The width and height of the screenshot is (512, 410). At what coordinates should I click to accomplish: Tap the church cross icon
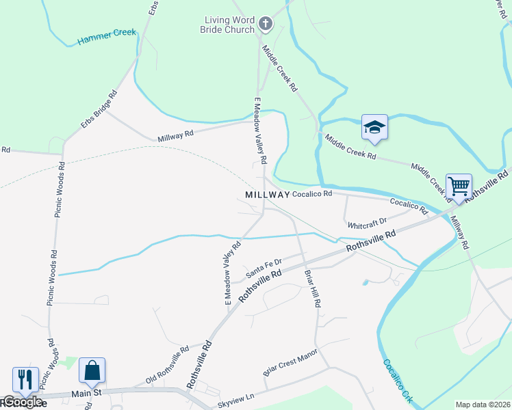coord(266,25)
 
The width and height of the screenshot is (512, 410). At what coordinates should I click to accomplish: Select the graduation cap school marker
coord(374,127)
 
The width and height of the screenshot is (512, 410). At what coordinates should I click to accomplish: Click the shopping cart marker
coord(459,186)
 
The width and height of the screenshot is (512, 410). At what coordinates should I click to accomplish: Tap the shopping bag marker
coord(92,371)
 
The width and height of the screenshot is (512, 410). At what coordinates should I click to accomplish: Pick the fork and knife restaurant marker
coord(25,380)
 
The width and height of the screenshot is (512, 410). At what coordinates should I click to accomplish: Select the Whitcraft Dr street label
coord(367,223)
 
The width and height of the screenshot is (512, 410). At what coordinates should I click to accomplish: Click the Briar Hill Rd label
coord(313,287)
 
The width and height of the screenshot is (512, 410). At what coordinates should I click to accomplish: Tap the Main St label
coord(88,393)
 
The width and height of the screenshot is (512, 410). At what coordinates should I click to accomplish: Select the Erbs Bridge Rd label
coord(99,109)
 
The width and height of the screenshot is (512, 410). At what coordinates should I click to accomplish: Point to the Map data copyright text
coord(483,405)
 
